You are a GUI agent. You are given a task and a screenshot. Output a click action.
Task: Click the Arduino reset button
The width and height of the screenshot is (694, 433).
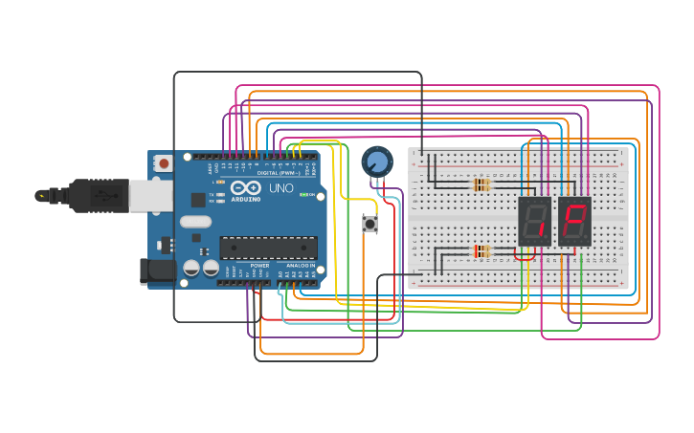[163, 163]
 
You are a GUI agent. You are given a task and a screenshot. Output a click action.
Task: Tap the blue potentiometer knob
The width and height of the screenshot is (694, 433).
[377, 161]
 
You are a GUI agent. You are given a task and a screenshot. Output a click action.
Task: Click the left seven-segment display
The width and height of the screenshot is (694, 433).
[534, 222]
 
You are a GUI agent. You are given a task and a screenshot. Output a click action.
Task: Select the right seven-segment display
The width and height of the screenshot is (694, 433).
[574, 222]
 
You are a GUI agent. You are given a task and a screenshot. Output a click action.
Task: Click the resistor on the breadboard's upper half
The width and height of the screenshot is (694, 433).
[481, 185]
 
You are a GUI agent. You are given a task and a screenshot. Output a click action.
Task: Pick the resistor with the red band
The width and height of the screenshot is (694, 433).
[481, 252]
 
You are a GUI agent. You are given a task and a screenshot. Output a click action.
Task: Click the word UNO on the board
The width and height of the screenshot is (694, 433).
[280, 188]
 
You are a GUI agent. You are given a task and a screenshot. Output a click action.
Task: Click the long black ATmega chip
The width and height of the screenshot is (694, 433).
[268, 248]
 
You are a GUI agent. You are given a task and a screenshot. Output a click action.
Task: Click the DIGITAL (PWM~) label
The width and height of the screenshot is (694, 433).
[278, 173]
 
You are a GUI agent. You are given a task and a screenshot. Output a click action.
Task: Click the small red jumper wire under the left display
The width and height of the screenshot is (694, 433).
[525, 258]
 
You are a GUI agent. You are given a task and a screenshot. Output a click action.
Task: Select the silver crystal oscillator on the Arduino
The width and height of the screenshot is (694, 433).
[195, 222]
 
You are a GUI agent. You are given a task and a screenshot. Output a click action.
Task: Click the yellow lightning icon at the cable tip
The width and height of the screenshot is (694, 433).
[41, 196]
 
